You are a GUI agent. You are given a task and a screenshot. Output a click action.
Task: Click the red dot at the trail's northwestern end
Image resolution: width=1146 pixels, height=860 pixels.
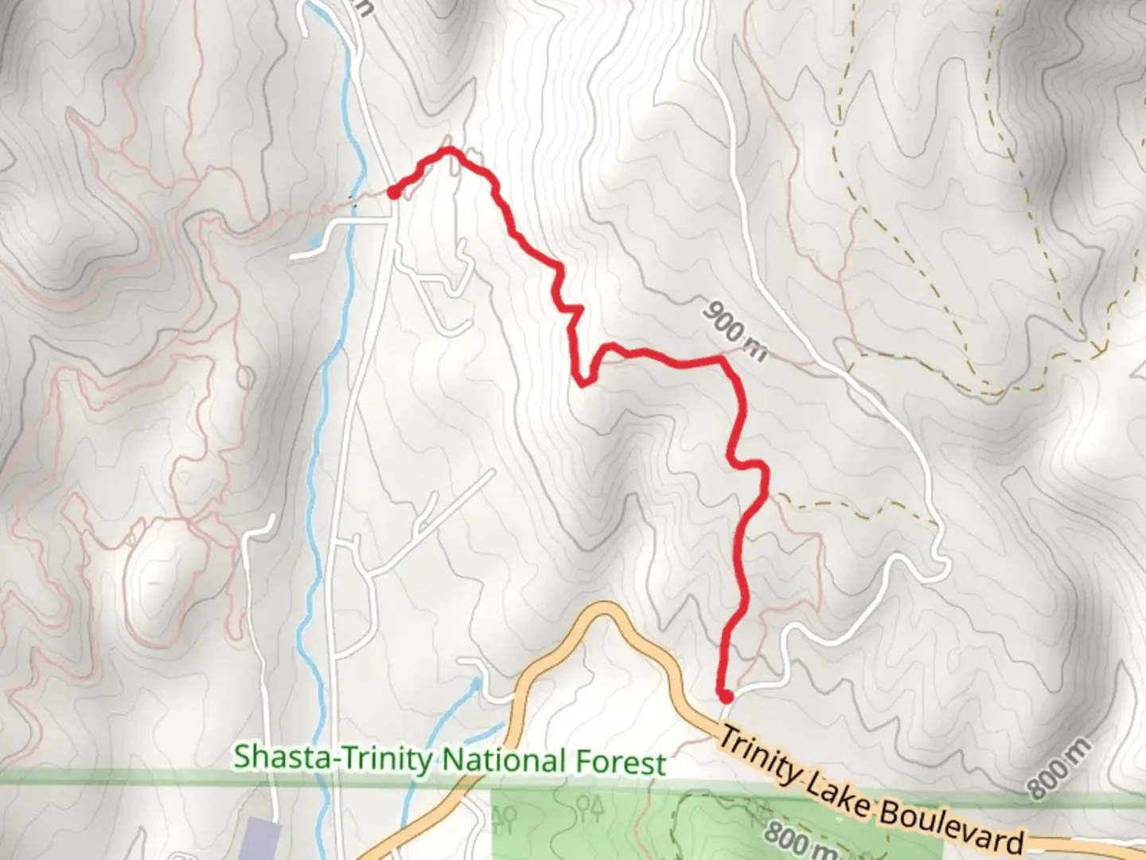[393, 191]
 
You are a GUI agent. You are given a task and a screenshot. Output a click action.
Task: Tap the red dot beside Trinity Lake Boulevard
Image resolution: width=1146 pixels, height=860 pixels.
[725, 697]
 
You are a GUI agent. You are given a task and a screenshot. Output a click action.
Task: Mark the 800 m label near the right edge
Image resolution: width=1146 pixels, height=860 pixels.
[1058, 768]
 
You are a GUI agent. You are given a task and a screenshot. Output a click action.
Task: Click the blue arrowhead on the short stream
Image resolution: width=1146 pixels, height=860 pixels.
[475, 682]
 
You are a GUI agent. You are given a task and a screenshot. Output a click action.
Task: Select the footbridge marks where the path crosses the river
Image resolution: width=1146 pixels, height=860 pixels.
[354, 203]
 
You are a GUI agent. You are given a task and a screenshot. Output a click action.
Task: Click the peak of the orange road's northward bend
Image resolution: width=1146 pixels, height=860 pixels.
[605, 609]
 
